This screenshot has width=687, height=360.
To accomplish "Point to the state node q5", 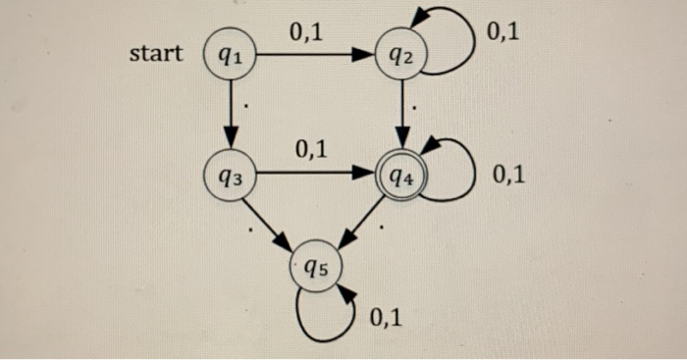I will coord(316,265).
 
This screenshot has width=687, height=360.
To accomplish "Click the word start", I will coord(156,53).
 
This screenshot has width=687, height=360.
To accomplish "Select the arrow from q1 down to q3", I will coord(232,116).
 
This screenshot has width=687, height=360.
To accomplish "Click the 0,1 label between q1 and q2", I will coord(305,32).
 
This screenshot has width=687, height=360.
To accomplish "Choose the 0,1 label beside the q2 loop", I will coord(502,33).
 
